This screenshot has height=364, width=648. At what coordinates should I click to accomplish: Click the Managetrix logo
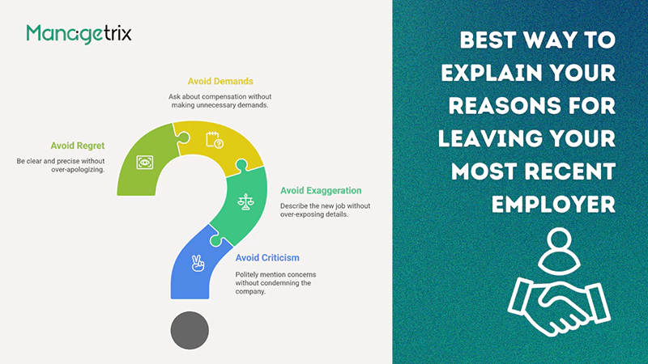click(79, 33)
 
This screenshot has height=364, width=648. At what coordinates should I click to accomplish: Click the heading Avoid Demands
click(220, 82)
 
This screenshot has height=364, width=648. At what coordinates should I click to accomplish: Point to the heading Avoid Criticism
click(267, 258)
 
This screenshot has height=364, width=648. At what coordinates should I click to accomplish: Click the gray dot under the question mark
click(190, 330)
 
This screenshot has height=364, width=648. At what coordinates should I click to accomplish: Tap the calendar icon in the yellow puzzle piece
click(215, 138)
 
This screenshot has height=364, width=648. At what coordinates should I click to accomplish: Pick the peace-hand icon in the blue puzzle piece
click(196, 263)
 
